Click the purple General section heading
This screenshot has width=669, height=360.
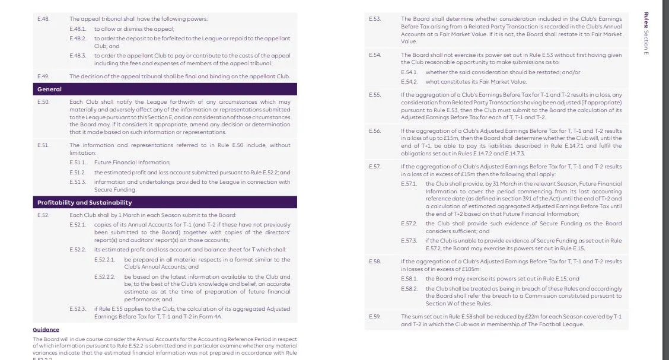click(49, 89)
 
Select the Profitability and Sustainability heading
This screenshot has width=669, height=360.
click(84, 202)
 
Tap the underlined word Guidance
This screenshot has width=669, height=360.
click(46, 330)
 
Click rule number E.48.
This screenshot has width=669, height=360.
click(43, 19)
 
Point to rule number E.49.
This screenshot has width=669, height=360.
click(43, 76)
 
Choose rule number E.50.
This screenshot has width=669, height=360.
click(43, 102)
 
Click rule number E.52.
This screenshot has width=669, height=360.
click(43, 215)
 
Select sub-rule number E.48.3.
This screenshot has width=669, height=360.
click(78, 56)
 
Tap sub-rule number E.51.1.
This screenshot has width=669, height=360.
click(78, 162)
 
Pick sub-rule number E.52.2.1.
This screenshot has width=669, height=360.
click(105, 260)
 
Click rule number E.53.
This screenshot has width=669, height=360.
click(374, 19)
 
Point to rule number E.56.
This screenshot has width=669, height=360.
click(374, 130)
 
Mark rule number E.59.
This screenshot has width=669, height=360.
click(374, 317)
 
